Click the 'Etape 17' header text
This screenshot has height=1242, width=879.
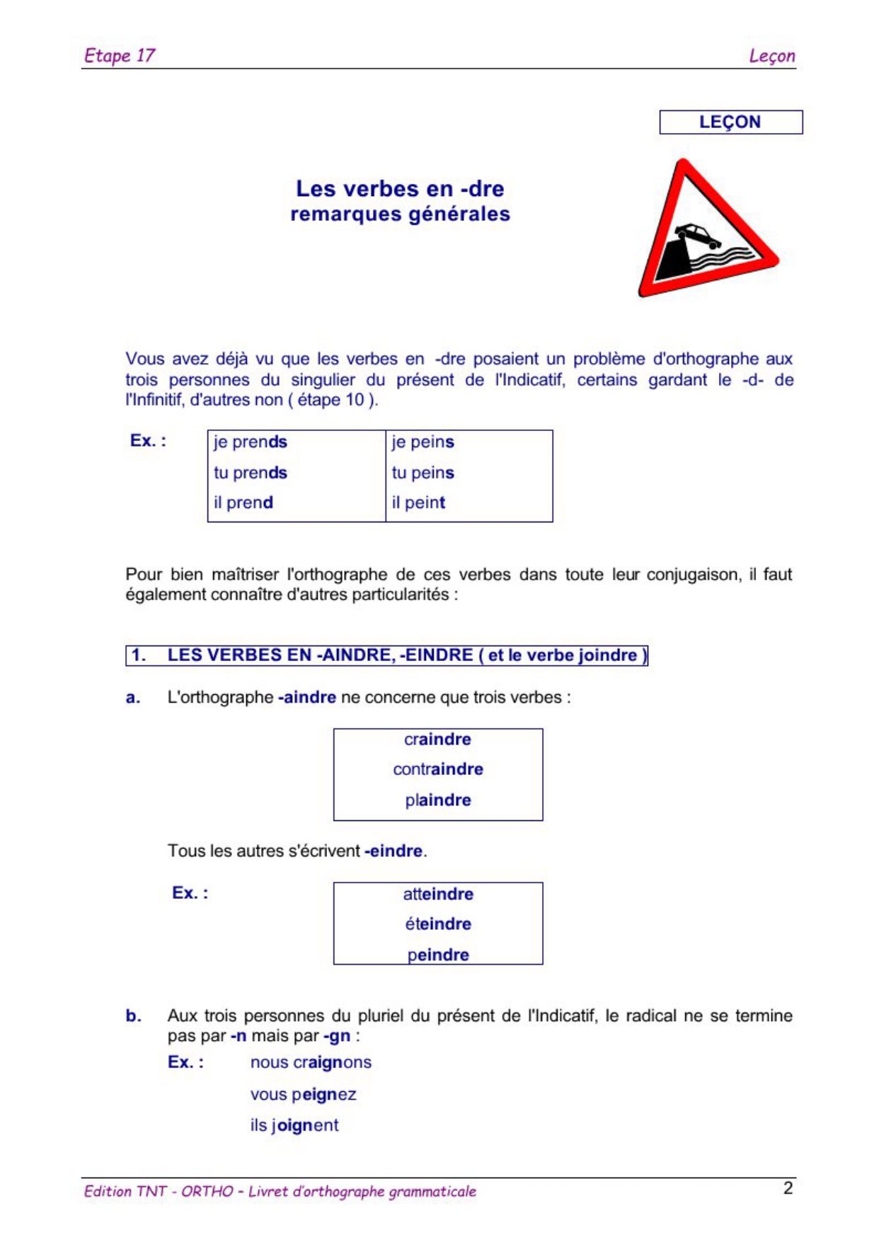pyautogui.click(x=119, y=55)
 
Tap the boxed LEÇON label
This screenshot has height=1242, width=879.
pyautogui.click(x=730, y=122)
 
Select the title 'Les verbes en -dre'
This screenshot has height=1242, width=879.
pyautogui.click(x=400, y=189)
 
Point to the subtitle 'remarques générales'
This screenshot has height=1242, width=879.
pyautogui.click(x=400, y=214)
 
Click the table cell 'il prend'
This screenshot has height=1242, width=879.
pyautogui.click(x=243, y=502)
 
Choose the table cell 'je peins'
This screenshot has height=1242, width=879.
pyautogui.click(x=423, y=442)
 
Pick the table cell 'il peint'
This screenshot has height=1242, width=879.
pyautogui.click(x=418, y=502)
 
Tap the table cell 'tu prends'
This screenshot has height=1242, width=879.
pyautogui.click(x=251, y=473)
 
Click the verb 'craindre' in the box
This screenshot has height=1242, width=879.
pyautogui.click(x=437, y=740)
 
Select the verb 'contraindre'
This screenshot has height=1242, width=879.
pyautogui.click(x=438, y=769)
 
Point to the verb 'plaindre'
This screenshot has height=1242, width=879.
pyautogui.click(x=438, y=800)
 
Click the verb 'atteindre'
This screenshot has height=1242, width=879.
pyautogui.click(x=438, y=895)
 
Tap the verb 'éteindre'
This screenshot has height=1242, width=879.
pyautogui.click(x=438, y=924)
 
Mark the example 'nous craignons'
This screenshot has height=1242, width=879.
pyautogui.click(x=311, y=1063)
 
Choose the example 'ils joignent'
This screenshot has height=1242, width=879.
pyautogui.click(x=294, y=1125)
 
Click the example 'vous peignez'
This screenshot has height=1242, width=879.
pyautogui.click(x=303, y=1095)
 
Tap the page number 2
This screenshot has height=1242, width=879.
pyautogui.click(x=788, y=1188)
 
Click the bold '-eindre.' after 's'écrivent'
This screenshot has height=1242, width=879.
pyautogui.click(x=395, y=851)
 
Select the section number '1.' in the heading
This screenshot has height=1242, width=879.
pyautogui.click(x=139, y=655)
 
